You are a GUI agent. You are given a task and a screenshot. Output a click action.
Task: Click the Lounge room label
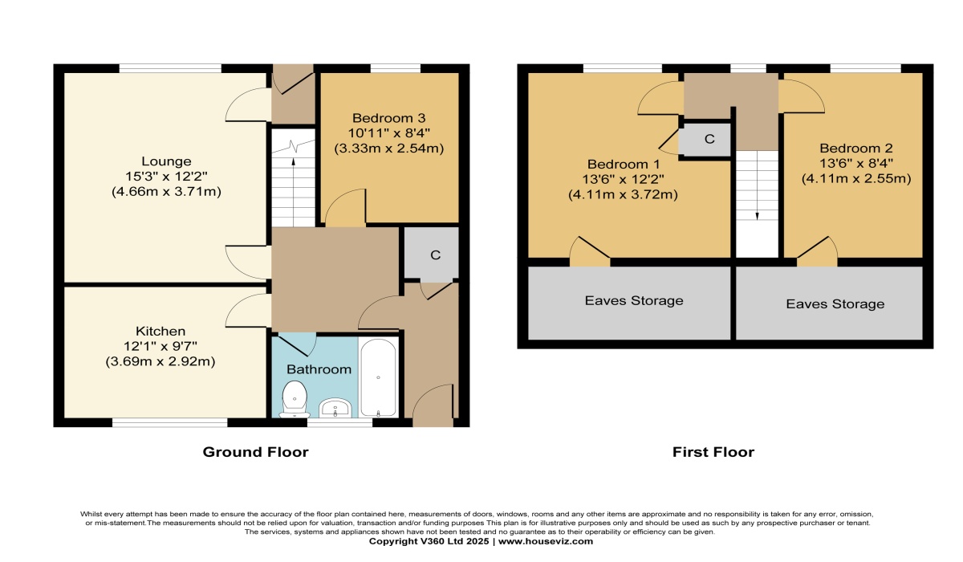click(166, 161)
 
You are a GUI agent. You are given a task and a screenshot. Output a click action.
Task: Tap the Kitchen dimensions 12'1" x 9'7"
click(160, 346)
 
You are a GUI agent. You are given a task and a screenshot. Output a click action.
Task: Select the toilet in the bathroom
click(295, 399)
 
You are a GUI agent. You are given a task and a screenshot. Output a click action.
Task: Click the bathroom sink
click(335, 408)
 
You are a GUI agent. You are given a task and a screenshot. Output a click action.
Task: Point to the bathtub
click(378, 377)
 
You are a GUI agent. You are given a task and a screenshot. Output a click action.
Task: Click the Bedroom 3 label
click(388, 118)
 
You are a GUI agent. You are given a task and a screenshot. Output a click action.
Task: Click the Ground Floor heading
click(256, 452)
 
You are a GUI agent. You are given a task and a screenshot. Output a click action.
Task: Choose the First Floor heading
click(713, 452)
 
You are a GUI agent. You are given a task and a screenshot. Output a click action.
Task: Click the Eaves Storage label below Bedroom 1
click(634, 300)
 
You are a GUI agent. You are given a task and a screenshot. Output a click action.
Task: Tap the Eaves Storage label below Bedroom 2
click(835, 304)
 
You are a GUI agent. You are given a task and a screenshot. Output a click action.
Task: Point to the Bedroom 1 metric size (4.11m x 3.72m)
click(623, 195)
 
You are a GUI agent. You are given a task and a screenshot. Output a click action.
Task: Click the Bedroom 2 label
click(856, 149)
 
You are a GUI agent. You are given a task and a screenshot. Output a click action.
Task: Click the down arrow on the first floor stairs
click(757, 185)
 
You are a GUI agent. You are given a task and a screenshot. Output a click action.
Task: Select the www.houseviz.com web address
click(546, 541)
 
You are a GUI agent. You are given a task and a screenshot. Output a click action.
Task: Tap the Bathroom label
click(319, 369)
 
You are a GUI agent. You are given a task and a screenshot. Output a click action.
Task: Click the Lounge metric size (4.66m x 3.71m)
click(166, 191)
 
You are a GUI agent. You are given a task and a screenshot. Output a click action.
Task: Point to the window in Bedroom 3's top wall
click(396, 68)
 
